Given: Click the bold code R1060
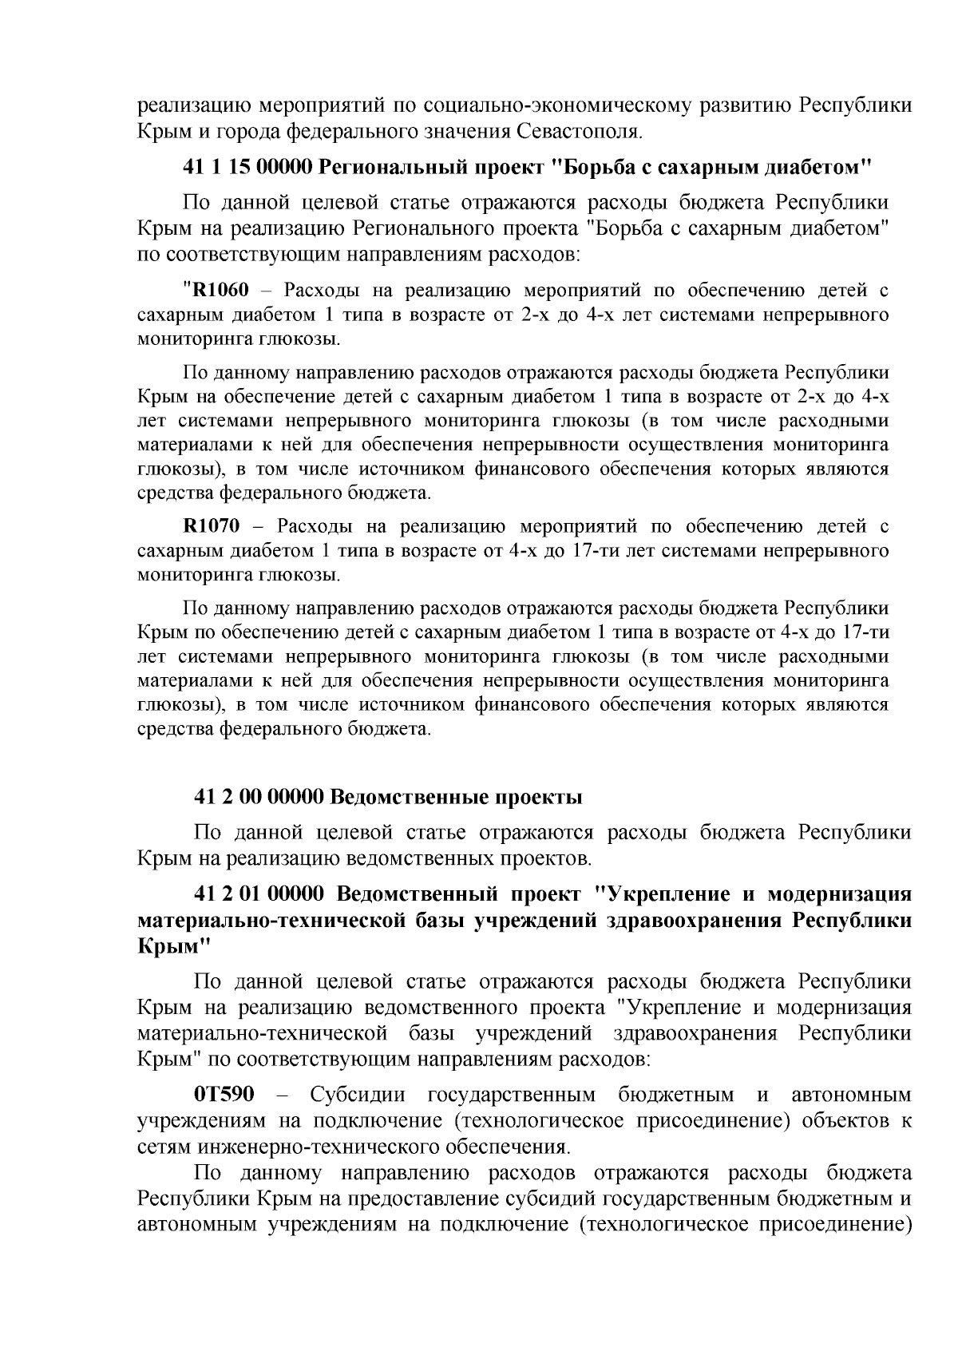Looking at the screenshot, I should click(210, 290).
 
